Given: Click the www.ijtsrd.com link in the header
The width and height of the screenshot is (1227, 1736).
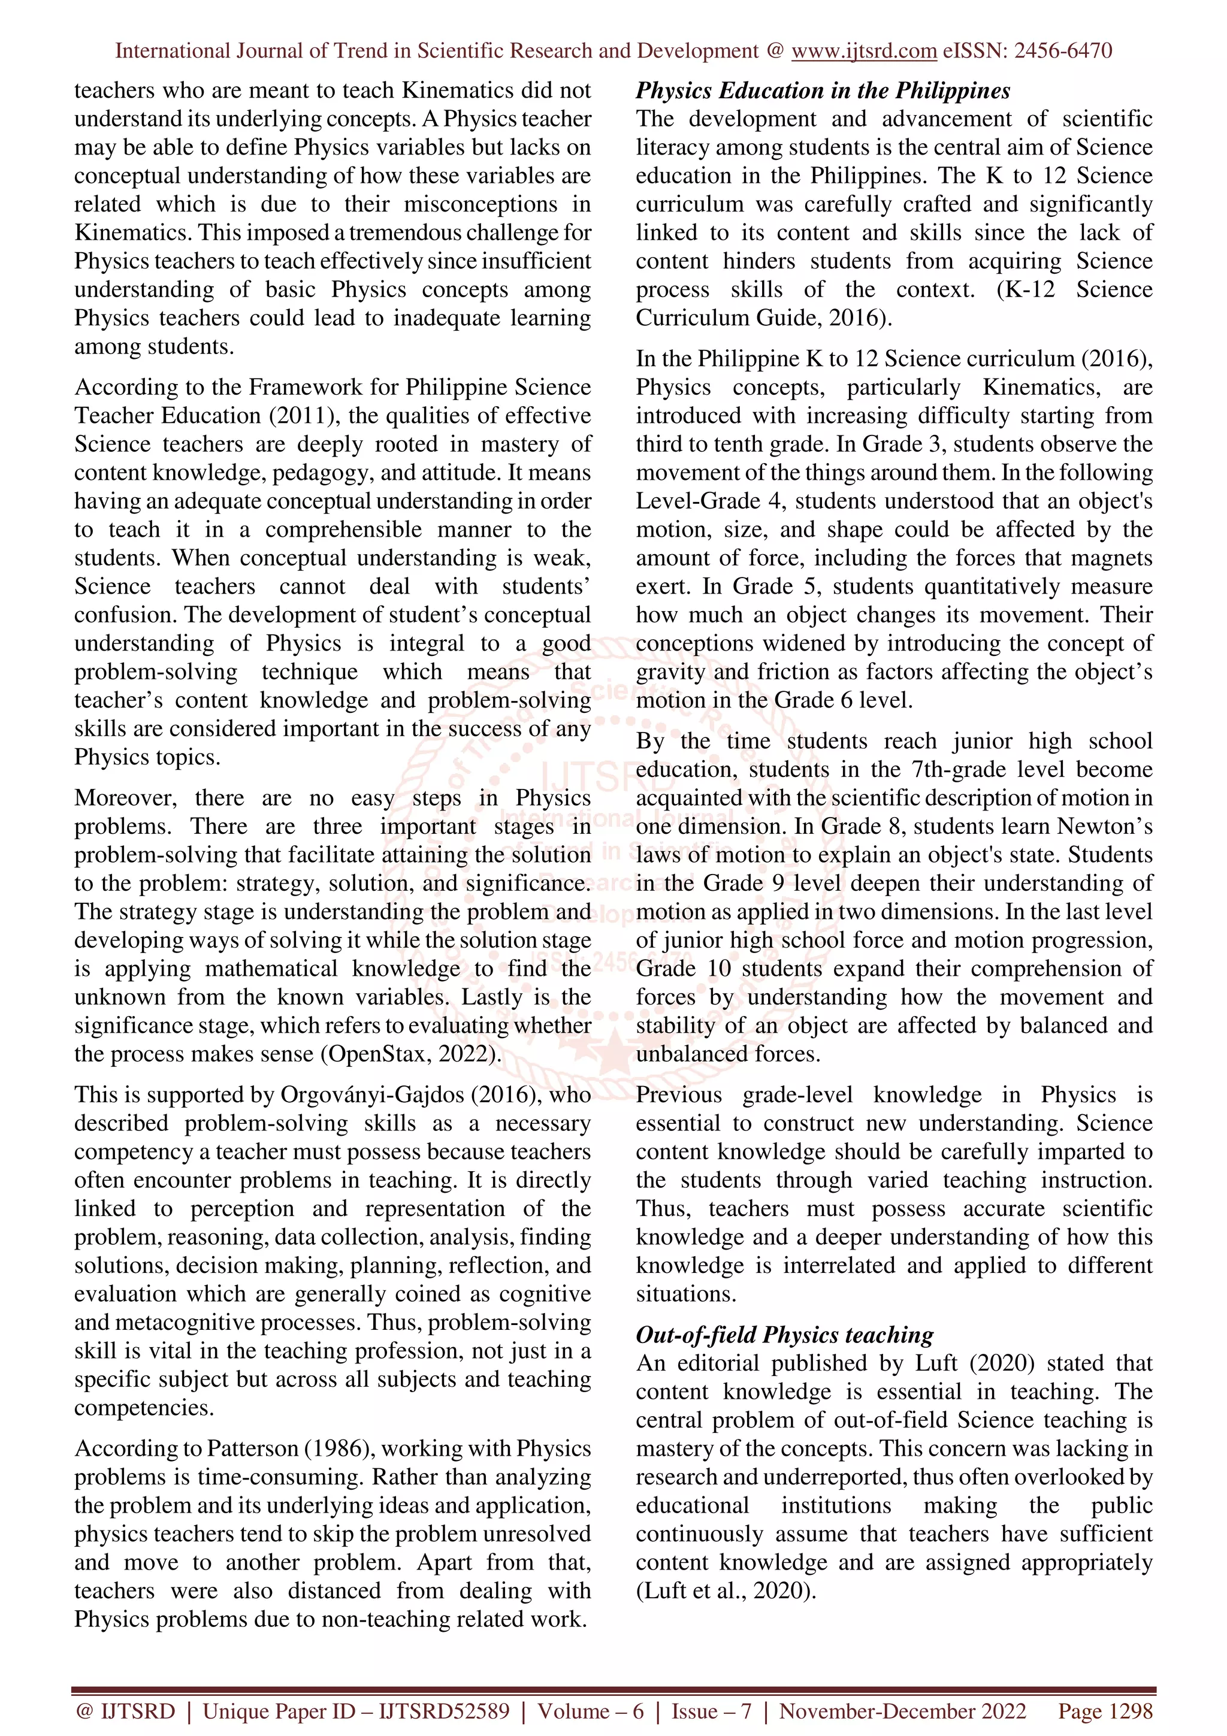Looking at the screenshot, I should (x=863, y=51).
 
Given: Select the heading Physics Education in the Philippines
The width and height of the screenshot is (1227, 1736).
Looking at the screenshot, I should (x=822, y=90).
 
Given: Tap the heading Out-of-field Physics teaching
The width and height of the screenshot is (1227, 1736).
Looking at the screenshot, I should (x=784, y=1335).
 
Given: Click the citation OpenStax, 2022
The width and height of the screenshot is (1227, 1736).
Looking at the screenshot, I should (x=411, y=1054).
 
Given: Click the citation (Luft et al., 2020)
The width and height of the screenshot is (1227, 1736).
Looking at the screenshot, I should (x=726, y=1591).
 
